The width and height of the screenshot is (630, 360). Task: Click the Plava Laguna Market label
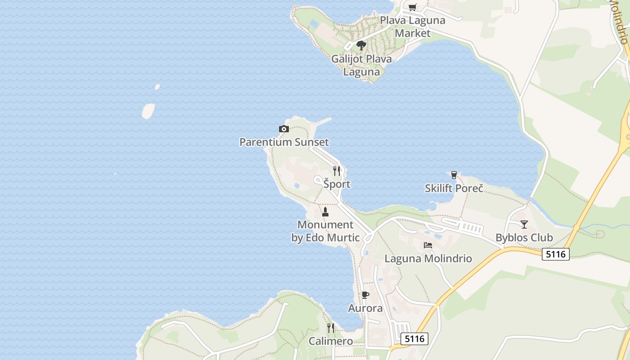(x=412, y=27)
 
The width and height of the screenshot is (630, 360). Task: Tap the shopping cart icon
(x=412, y=7)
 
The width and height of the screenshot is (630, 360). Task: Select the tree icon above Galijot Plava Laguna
(x=361, y=45)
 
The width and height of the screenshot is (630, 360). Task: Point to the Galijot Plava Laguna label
(x=361, y=65)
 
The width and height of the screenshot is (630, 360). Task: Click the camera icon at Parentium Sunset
(x=283, y=129)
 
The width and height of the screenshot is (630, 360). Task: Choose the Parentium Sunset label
(x=284, y=142)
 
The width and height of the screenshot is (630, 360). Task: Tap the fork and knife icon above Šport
(x=337, y=171)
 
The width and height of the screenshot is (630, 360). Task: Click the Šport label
(x=337, y=184)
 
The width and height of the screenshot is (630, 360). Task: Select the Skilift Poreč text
(x=454, y=188)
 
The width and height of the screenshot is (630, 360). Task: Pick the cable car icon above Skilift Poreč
(x=454, y=175)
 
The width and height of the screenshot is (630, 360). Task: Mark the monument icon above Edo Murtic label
(x=325, y=211)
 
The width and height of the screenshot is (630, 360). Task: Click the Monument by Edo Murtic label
(x=325, y=231)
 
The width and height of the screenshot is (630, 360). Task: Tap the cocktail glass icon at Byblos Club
(x=524, y=224)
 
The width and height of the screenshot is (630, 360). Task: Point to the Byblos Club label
(x=524, y=238)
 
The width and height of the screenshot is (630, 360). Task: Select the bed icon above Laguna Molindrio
(x=427, y=245)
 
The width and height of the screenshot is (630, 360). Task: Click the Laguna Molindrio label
(x=428, y=258)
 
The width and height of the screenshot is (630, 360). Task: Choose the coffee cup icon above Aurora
(x=365, y=295)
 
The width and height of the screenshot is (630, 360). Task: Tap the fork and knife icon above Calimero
(x=331, y=328)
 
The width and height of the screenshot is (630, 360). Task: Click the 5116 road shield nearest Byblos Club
(x=556, y=254)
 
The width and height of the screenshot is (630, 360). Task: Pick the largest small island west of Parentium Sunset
(x=148, y=111)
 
